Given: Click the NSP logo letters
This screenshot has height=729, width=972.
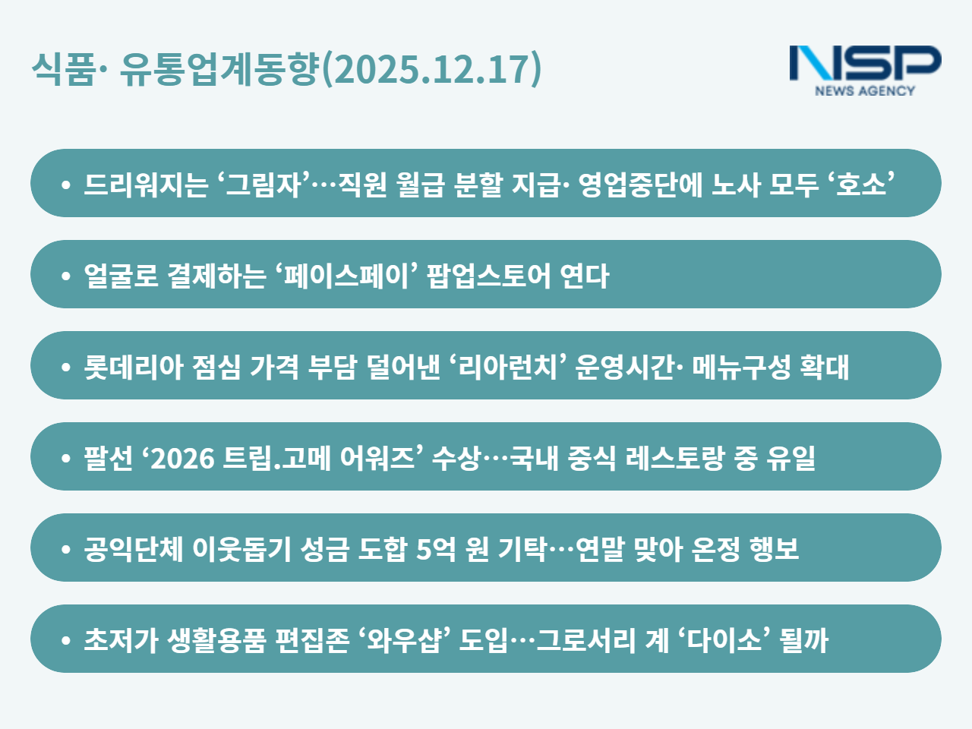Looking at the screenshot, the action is click(x=865, y=63).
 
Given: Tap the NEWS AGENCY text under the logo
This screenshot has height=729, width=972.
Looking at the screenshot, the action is click(x=865, y=90).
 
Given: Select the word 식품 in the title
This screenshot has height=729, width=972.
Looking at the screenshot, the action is click(x=63, y=68).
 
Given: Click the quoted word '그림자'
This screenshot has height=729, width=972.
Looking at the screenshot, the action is click(x=265, y=184).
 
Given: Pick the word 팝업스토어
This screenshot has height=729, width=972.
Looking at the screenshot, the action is click(x=489, y=276).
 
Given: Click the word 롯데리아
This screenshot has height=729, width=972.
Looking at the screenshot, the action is click(x=134, y=367).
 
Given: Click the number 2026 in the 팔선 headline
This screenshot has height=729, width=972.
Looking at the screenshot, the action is click(x=182, y=459).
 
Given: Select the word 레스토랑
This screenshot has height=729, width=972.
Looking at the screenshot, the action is click(x=675, y=458).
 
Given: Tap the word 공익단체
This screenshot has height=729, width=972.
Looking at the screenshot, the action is click(x=134, y=549).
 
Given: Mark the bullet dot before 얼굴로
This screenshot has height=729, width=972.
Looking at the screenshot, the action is click(x=66, y=276).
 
